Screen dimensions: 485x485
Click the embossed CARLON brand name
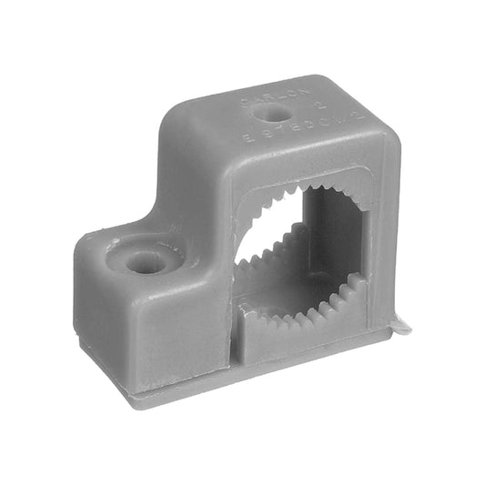(262, 98)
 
